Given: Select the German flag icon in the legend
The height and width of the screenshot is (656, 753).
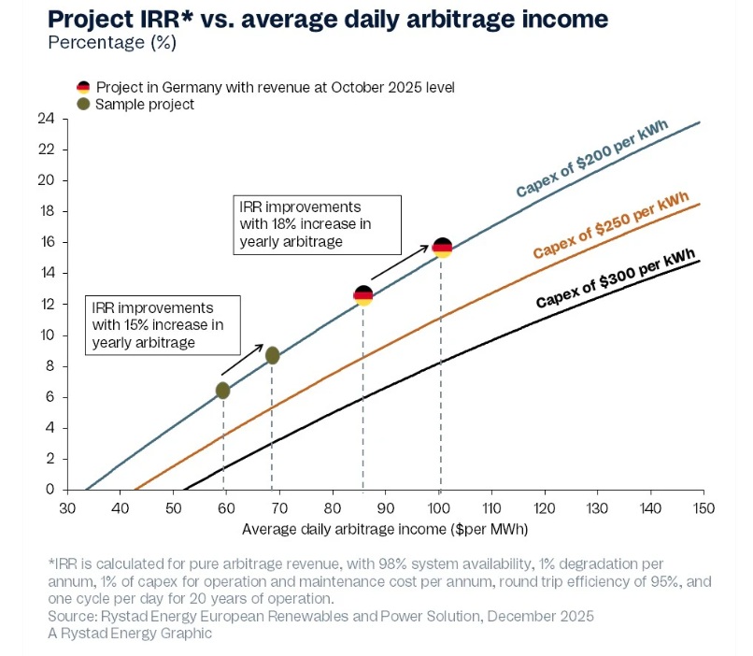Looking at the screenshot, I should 83,87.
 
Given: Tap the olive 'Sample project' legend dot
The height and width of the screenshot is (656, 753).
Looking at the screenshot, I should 83,105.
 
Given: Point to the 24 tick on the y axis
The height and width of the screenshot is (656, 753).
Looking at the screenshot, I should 46,119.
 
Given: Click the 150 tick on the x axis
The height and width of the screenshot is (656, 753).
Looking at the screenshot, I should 703,507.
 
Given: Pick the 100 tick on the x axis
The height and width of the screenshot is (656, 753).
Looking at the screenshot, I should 438,507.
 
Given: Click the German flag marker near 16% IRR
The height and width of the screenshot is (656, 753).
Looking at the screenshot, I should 443,248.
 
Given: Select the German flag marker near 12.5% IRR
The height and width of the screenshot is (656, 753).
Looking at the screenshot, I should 363,295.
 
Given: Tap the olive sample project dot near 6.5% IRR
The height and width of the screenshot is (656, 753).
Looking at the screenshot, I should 222,390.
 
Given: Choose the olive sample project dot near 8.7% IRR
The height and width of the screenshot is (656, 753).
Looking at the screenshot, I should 272,355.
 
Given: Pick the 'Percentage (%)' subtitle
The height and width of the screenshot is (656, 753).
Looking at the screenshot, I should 111,42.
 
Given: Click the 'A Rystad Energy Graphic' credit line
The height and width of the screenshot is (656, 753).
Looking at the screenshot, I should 130,633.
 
